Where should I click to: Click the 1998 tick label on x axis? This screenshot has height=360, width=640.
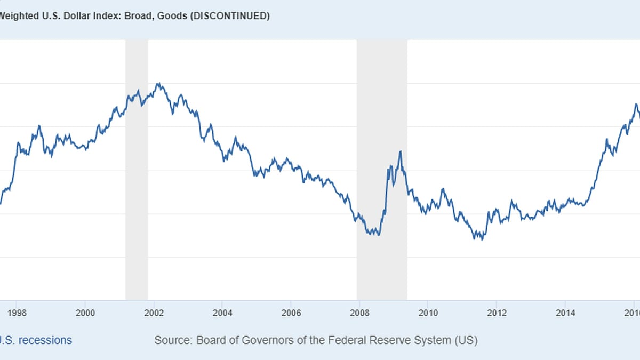pyautogui.click(x=17, y=313)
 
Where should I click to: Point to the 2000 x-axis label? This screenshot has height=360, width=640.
pyautogui.click(x=85, y=313)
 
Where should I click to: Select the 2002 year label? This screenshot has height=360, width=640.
pyautogui.click(x=154, y=313)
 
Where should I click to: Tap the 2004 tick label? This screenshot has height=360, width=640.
pyautogui.click(x=222, y=313)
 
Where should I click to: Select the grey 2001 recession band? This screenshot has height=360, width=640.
pyautogui.click(x=137, y=171)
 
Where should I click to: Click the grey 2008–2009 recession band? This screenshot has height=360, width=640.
pyautogui.click(x=382, y=171)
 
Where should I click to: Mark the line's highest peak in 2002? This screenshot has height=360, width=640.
pyautogui.click(x=158, y=83)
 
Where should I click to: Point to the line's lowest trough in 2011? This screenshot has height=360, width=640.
pyautogui.click(x=482, y=239)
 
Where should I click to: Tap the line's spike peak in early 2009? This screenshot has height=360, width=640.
pyautogui.click(x=400, y=151)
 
